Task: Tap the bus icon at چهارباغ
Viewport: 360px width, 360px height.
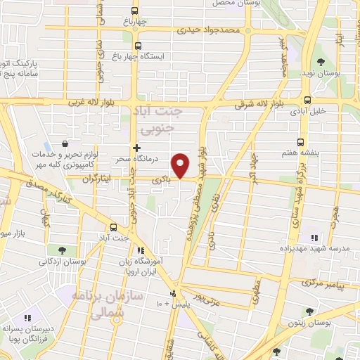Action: click(136, 11)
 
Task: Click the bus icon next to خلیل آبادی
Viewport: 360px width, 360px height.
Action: click(308, 100)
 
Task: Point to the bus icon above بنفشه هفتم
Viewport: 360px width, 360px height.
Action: click(301, 141)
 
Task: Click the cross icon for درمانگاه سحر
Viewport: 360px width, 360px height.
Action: click(137, 148)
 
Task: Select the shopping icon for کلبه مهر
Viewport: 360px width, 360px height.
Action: click(65, 144)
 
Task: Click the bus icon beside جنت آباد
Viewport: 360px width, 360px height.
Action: click(115, 226)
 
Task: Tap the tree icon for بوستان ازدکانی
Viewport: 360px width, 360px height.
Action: click(63, 250)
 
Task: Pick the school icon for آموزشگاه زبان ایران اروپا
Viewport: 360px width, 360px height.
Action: click(141, 250)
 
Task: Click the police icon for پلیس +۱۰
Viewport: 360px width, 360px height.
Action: click(174, 293)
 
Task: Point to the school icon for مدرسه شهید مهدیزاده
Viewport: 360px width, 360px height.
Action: click(314, 238)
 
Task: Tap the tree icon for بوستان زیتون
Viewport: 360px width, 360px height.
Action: click(309, 311)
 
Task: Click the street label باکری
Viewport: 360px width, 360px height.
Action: click(163, 179)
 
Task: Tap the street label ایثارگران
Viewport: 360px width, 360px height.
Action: click(98, 179)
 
